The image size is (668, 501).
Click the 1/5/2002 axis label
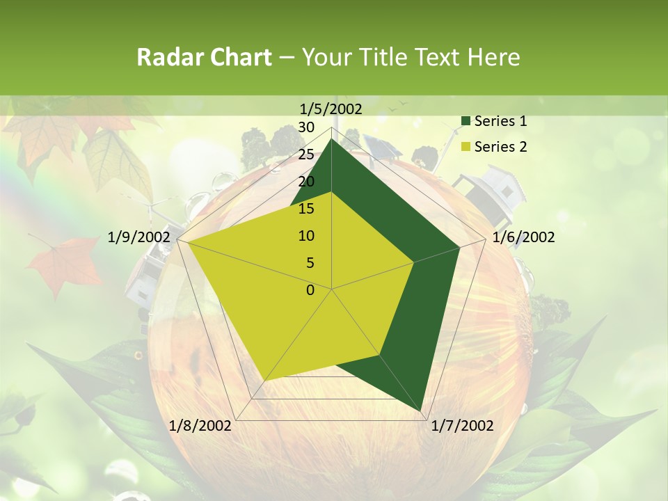pyautogui.click(x=331, y=109)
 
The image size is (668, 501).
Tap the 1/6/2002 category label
pyautogui.click(x=523, y=237)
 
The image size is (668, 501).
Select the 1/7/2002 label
pyautogui.click(x=462, y=425)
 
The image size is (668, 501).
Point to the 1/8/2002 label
pyautogui.click(x=200, y=425)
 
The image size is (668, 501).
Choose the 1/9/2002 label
pyautogui.click(x=138, y=237)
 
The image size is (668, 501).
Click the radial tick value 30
pyautogui.click(x=306, y=127)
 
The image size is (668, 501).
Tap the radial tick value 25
pyautogui.click(x=306, y=154)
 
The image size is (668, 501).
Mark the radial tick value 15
pyautogui.click(x=306, y=209)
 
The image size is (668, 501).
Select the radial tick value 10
pyautogui.click(x=306, y=236)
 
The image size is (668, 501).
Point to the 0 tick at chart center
pyautogui.click(x=310, y=290)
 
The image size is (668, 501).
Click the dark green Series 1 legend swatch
pyautogui.click(x=466, y=122)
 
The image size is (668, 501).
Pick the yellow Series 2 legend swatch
pyautogui.click(x=466, y=147)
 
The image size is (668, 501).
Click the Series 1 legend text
pyautogui.click(x=500, y=122)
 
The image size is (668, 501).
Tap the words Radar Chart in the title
pyautogui.click(x=204, y=57)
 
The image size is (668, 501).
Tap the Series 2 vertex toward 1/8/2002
pyautogui.click(x=264, y=381)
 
